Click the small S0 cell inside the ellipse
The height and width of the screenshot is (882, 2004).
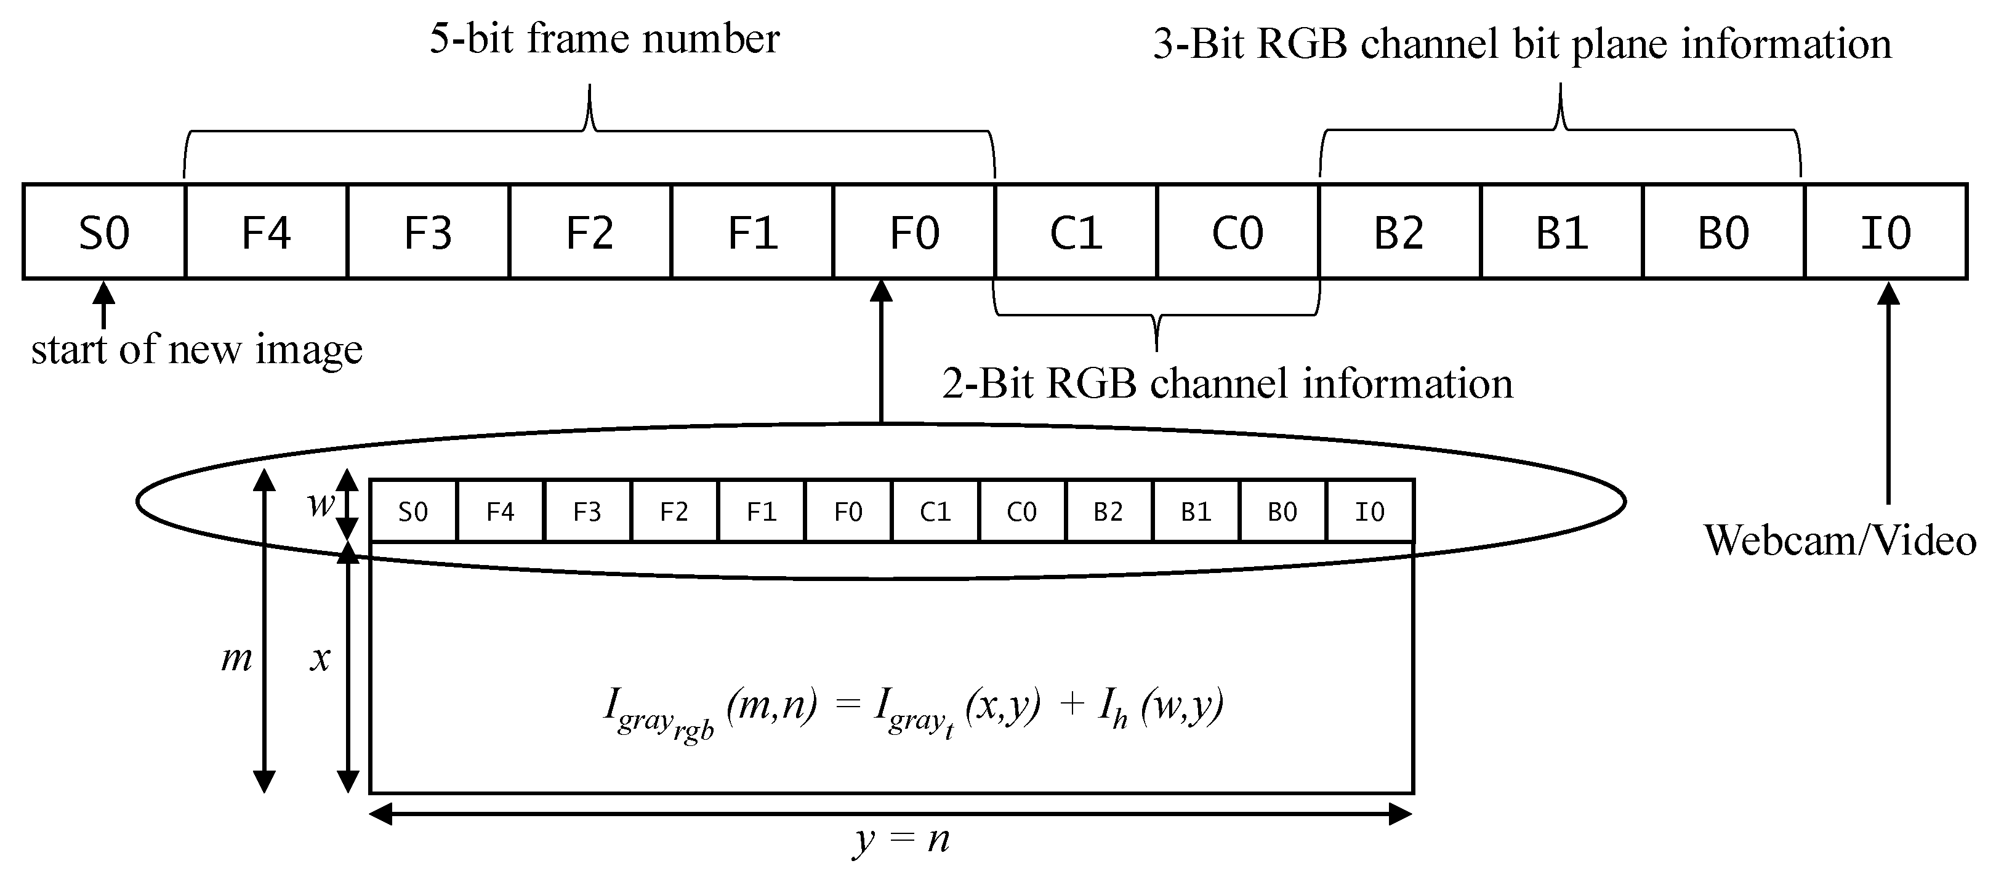pos(413,511)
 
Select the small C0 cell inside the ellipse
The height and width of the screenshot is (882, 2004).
pos(1021,511)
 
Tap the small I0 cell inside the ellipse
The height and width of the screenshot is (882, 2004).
pos(1370,511)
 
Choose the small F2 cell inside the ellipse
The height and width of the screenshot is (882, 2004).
pos(674,511)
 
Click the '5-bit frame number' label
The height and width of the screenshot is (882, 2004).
pos(605,39)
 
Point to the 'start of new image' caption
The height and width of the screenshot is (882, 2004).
pos(197,349)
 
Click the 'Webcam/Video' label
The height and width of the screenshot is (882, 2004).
pos(1840,540)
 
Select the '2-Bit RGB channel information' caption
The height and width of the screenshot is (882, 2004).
pos(1228,383)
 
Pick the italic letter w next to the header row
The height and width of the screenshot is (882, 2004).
pos(320,504)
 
